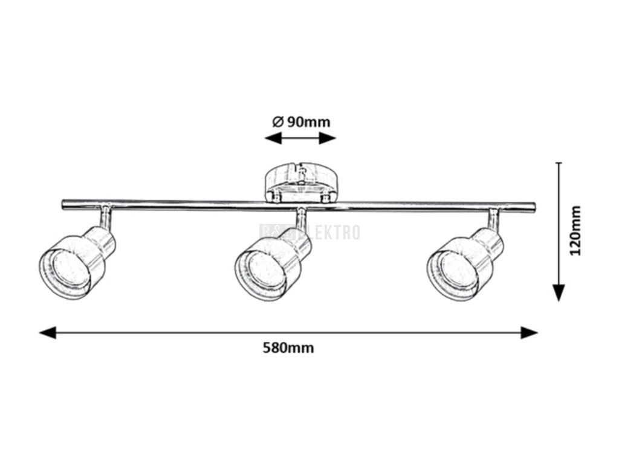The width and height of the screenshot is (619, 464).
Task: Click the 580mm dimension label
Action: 288,348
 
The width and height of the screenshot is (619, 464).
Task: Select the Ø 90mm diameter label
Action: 301,121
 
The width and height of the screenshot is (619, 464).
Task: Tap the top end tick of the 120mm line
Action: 559,163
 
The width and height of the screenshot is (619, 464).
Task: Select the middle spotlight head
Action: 272,265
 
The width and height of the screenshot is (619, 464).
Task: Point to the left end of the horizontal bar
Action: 64,205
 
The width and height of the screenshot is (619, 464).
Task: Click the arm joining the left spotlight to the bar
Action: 105,217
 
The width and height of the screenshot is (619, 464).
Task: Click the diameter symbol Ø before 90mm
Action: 277,121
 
